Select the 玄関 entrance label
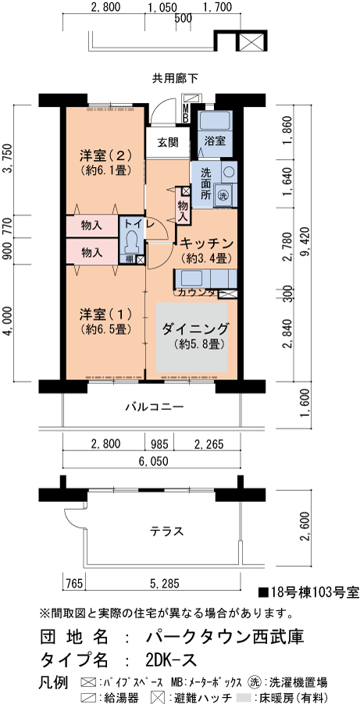click(x=166, y=143)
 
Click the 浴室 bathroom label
click(x=215, y=141)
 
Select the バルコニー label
click(x=154, y=407)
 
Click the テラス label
click(x=166, y=532)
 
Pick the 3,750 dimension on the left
click(x=8, y=162)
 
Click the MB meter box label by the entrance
click(x=185, y=113)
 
